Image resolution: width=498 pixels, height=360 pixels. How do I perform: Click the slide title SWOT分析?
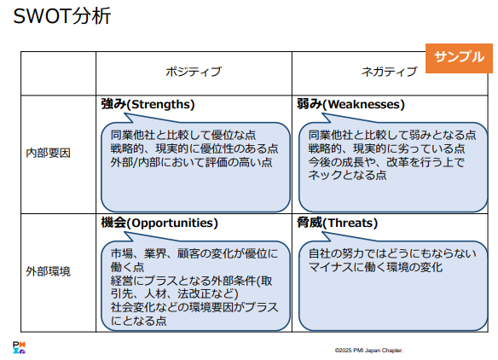(x=62, y=16)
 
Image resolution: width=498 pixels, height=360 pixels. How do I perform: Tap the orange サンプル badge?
(x=459, y=58)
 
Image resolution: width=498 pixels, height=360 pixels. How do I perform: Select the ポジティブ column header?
(x=194, y=72)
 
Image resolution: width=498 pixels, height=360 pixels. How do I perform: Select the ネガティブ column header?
(x=390, y=72)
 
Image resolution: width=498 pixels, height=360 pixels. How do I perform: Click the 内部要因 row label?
(x=48, y=154)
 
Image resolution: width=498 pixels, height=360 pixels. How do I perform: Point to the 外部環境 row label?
(x=48, y=271)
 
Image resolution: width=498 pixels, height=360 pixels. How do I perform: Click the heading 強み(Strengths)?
(x=148, y=104)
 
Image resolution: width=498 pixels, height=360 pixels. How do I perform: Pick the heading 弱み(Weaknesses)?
(x=350, y=104)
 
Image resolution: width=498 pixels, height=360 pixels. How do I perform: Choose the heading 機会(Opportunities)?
(x=159, y=223)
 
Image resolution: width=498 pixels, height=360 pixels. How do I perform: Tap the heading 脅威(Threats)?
(x=337, y=223)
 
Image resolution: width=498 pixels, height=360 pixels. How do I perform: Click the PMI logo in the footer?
(x=19, y=347)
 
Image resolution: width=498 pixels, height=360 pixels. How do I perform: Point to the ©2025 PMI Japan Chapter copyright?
(x=369, y=351)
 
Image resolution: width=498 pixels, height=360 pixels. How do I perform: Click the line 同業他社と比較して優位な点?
(x=183, y=135)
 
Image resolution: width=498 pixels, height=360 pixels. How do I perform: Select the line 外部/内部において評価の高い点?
(x=191, y=162)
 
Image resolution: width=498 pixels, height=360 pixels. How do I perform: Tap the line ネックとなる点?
(x=347, y=175)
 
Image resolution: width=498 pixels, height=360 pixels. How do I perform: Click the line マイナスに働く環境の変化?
(x=375, y=267)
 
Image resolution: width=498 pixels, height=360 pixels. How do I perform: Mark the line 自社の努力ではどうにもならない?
(x=392, y=253)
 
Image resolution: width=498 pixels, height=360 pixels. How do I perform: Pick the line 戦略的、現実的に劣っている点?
(x=386, y=148)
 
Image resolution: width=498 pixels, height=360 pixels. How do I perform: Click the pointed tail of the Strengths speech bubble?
(x=125, y=114)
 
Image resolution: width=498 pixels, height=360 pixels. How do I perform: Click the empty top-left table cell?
(x=59, y=73)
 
